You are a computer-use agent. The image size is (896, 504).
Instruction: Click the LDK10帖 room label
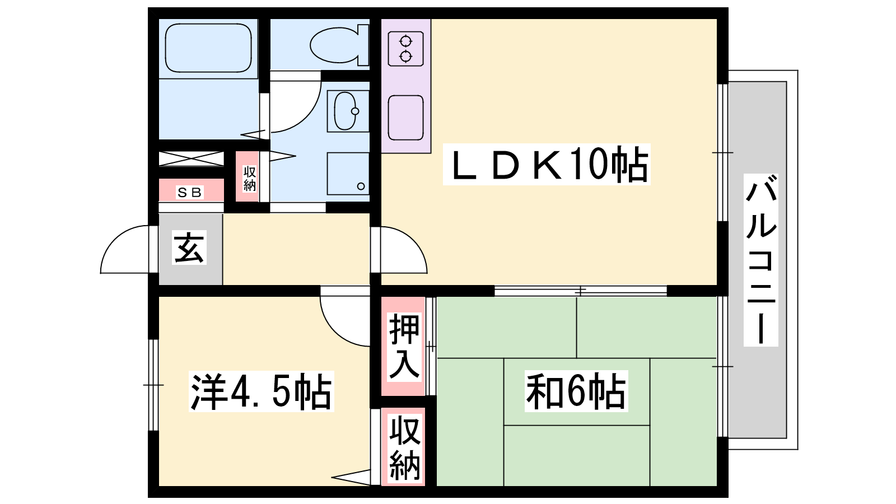coord(547,164)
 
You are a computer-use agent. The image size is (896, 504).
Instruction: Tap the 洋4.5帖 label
coord(261,391)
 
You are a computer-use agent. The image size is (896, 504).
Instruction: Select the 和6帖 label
coord(576,391)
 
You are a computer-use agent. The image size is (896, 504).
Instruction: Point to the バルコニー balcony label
coord(761,260)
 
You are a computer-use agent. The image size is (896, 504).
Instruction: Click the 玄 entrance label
coord(189,247)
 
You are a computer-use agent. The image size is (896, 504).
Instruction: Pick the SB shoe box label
coord(190,193)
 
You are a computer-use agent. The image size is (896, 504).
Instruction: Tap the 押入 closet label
coord(404,347)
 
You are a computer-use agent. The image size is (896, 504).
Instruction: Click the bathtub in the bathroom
coord(208,48)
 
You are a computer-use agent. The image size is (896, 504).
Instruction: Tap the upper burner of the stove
coord(405,41)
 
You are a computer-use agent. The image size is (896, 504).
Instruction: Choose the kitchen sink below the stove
coord(405,118)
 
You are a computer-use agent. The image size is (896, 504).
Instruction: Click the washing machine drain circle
coord(361,186)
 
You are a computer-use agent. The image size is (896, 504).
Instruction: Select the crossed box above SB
coord(191,158)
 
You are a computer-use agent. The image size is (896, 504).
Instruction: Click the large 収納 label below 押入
coord(405,447)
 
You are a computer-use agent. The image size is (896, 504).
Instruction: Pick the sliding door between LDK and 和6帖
coord(580,291)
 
